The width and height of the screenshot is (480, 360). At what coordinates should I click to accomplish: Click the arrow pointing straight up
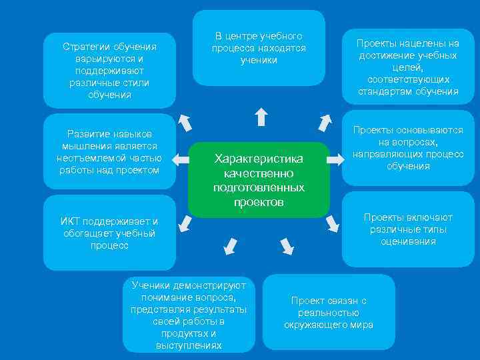(261, 117)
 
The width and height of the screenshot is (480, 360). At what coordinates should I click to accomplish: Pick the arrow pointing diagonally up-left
(185, 123)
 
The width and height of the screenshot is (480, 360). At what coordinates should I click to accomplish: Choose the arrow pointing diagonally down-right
(287, 245)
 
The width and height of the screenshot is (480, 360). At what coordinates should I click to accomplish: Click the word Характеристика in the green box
(258, 159)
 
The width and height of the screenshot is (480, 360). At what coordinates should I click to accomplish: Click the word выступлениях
(189, 345)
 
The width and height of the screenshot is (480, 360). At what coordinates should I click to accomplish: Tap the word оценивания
(409, 241)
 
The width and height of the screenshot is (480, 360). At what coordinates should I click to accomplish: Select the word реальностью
(329, 313)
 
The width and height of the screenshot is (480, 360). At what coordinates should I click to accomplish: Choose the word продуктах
(189, 333)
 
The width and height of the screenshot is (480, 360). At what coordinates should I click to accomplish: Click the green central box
(259, 179)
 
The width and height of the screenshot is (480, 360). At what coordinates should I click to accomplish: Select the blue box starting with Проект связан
(329, 313)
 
